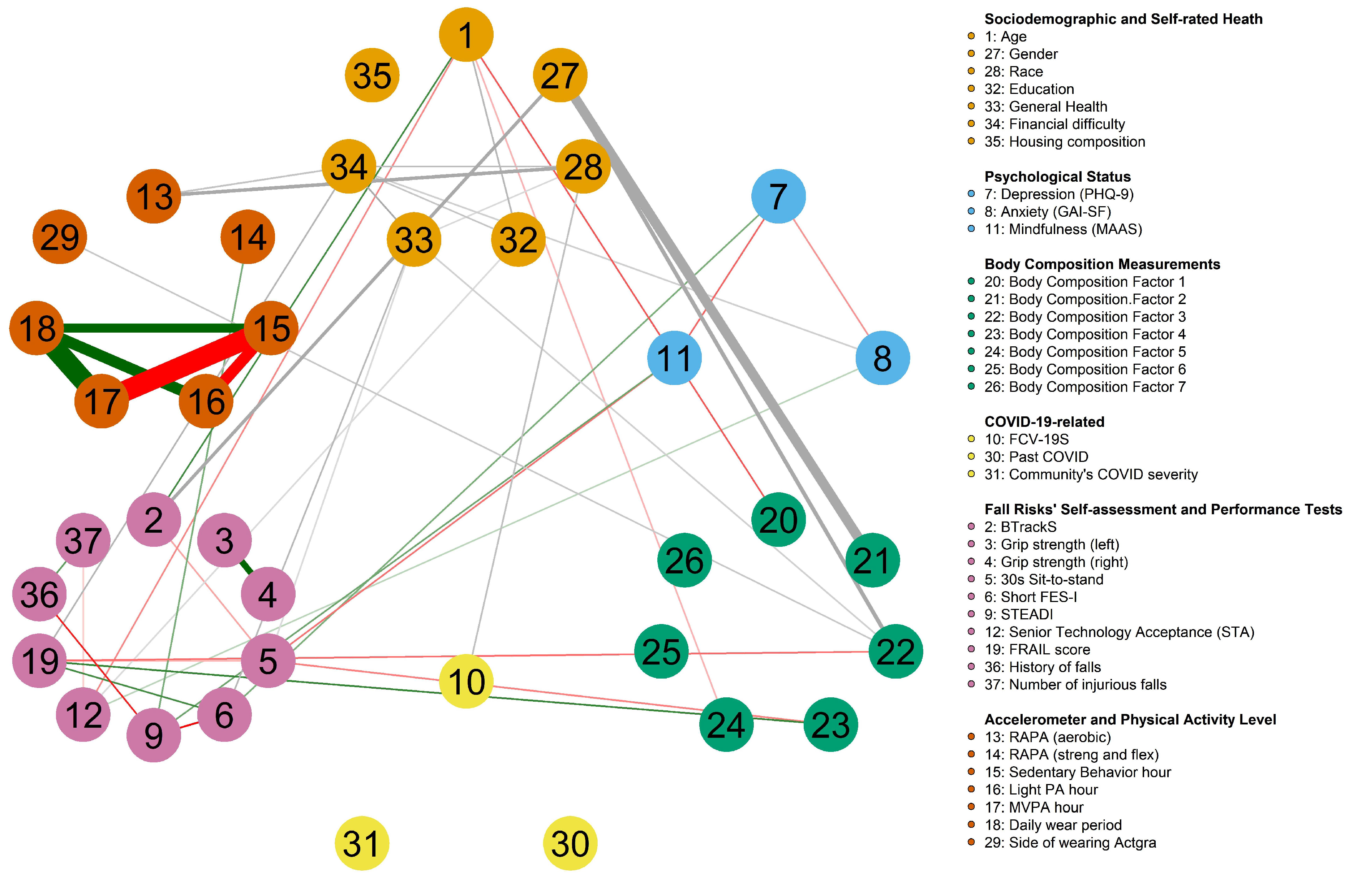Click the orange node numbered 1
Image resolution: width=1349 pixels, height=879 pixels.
[x=466, y=35]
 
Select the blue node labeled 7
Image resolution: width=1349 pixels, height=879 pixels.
[x=778, y=196]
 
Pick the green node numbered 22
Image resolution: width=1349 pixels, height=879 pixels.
[x=895, y=651]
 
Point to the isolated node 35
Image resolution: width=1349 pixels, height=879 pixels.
[x=372, y=75]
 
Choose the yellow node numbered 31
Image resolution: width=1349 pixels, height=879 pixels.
[x=362, y=843]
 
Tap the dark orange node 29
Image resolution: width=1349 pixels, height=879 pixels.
[x=60, y=237]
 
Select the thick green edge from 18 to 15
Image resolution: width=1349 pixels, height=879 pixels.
[x=153, y=328]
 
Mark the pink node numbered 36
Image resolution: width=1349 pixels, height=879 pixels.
[x=39, y=594]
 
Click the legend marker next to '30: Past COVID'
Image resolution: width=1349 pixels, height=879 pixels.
[x=971, y=456]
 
